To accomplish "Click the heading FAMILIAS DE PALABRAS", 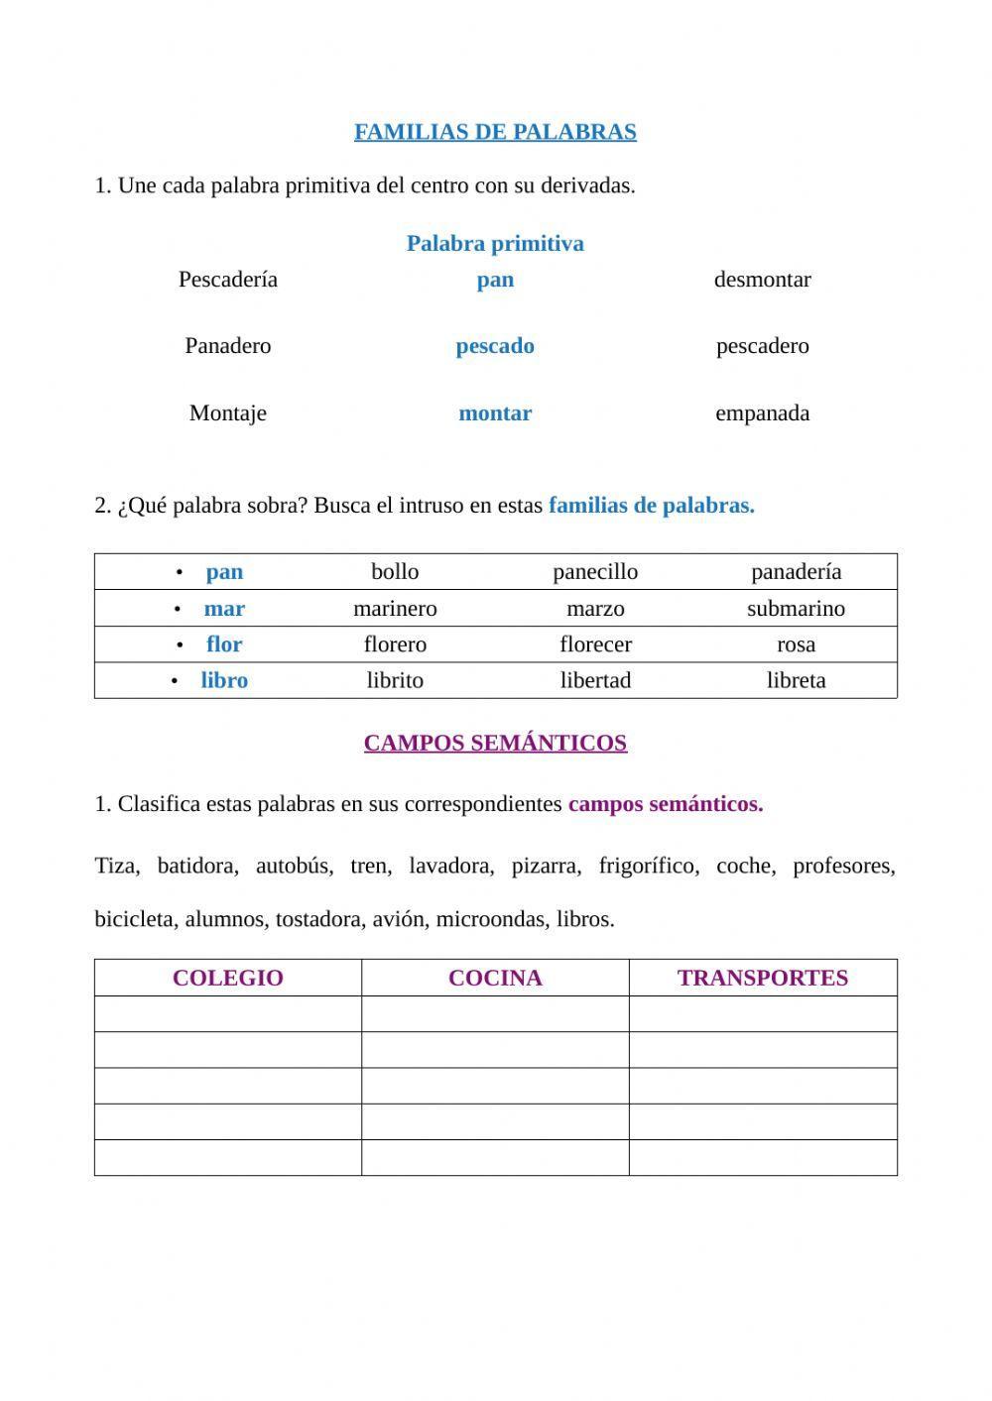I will pyautogui.click(x=495, y=132).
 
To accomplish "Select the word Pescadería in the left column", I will pyautogui.click(x=227, y=280).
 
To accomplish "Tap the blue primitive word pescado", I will pyautogui.click(x=495, y=346).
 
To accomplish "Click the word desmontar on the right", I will pyautogui.click(x=762, y=280).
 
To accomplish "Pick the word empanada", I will pyautogui.click(x=762, y=413).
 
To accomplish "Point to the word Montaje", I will pyautogui.click(x=227, y=413).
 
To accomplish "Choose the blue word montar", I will pyautogui.click(x=495, y=413).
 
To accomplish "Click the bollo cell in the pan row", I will pyautogui.click(x=395, y=572).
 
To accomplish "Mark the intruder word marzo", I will pyautogui.click(x=595, y=609).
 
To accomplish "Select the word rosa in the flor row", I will pyautogui.click(x=796, y=644).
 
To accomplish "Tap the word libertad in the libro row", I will pyautogui.click(x=595, y=680).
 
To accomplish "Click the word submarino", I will pyautogui.click(x=796, y=609).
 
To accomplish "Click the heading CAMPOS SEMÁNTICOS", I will pyautogui.click(x=495, y=743).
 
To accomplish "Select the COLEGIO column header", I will pyautogui.click(x=227, y=978).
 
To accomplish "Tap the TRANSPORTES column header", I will pyautogui.click(x=762, y=978).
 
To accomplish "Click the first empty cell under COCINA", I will pyautogui.click(x=495, y=1014).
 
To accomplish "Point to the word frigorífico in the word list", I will pyautogui.click(x=648, y=866).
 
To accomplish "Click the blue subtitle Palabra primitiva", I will pyautogui.click(x=495, y=244).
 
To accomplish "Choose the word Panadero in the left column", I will pyautogui.click(x=227, y=346).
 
